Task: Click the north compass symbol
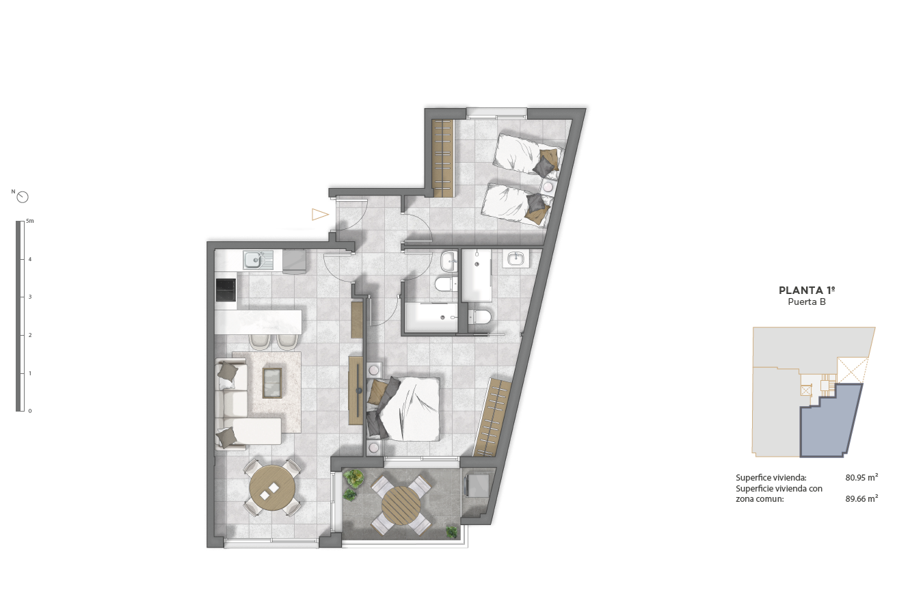[23, 197]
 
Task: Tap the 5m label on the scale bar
[30, 221]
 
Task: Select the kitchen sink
[258, 260]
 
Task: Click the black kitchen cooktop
[226, 290]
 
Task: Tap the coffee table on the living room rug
[272, 383]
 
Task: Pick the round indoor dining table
[272, 488]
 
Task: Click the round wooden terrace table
[401, 505]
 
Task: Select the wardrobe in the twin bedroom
[443, 158]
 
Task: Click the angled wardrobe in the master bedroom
[493, 417]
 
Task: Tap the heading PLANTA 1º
[807, 291]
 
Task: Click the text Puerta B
[807, 302]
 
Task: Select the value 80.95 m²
[861, 477]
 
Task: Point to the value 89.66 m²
[861, 499]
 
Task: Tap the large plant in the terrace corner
[353, 478]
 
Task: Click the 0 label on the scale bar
[30, 411]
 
